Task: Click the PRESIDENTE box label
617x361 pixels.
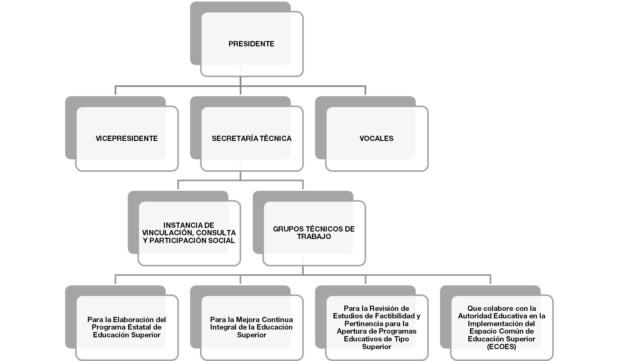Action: pyautogui.click(x=251, y=44)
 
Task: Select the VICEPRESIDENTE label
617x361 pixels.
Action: pyautogui.click(x=127, y=139)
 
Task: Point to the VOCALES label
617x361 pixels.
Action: pyautogui.click(x=376, y=139)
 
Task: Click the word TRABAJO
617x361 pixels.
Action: pyautogui.click(x=314, y=237)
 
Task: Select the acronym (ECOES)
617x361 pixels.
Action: pyautogui.click(x=501, y=347)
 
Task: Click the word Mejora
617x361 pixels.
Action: pyautogui.click(x=245, y=320)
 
